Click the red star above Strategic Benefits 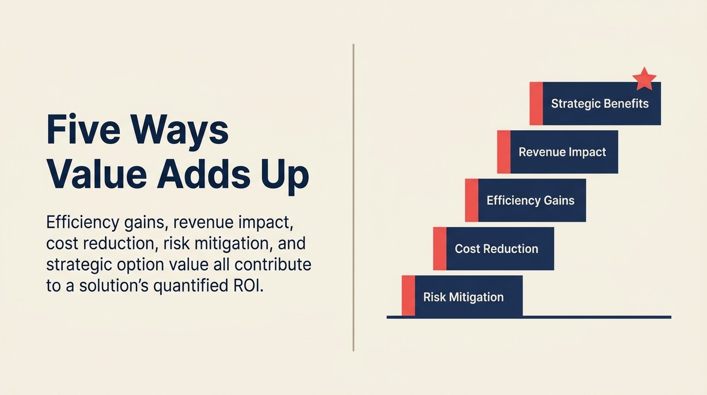pos(644,79)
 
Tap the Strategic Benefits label pos(600,103)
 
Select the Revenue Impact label pos(562,152)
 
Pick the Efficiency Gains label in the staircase pos(530,200)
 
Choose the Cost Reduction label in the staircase pos(496,248)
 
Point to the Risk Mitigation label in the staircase pos(463,297)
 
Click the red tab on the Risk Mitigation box pos(408,296)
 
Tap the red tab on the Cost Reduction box pos(440,248)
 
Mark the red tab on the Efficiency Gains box pos(472,200)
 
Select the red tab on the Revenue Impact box pos(504,152)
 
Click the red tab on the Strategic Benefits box pos(536,103)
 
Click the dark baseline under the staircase pos(529,317)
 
